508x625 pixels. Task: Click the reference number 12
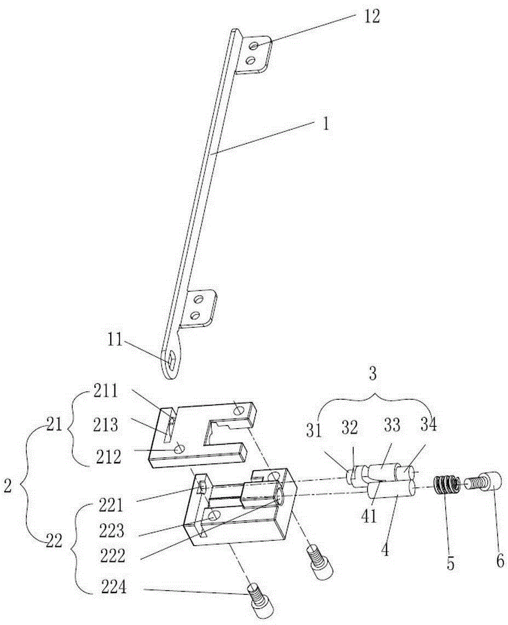pyautogui.click(x=371, y=17)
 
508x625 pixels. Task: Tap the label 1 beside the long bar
pyautogui.click(x=326, y=124)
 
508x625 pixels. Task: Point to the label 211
pyautogui.click(x=106, y=392)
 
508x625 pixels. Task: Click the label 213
pyautogui.click(x=106, y=425)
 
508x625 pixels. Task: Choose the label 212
pyautogui.click(x=108, y=457)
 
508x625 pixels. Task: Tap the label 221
pyautogui.click(x=112, y=505)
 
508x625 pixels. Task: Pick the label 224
pyautogui.click(x=113, y=587)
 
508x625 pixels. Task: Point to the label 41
pyautogui.click(x=369, y=517)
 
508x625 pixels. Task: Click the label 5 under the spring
pyautogui.click(x=450, y=564)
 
